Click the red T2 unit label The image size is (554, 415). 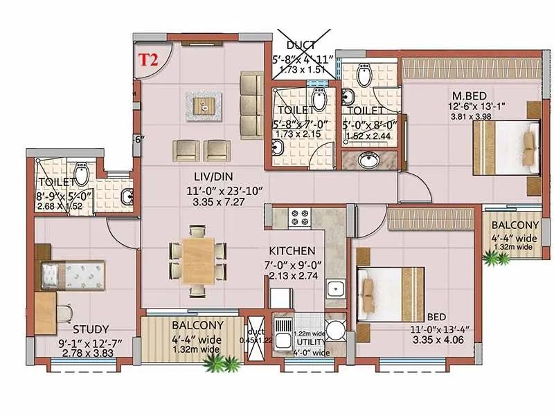coord(149,59)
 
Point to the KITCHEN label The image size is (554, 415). coord(294,250)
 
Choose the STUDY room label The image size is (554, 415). coord(91,329)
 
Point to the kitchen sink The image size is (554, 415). coord(336,287)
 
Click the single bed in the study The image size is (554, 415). coord(71,275)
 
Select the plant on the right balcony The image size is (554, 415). coord(496,259)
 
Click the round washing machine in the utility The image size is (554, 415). coord(336,330)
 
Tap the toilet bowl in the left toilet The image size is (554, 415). coord(81,172)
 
